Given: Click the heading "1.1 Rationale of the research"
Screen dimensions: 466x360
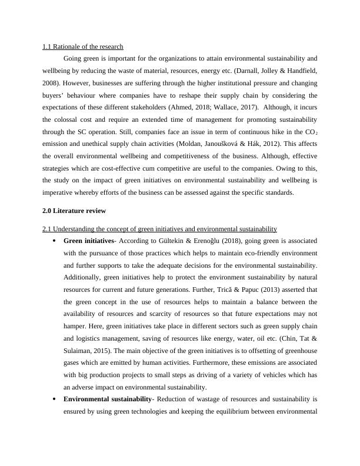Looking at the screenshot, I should coord(82,46).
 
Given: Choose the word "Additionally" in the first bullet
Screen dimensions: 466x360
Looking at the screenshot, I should coord(84,278).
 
